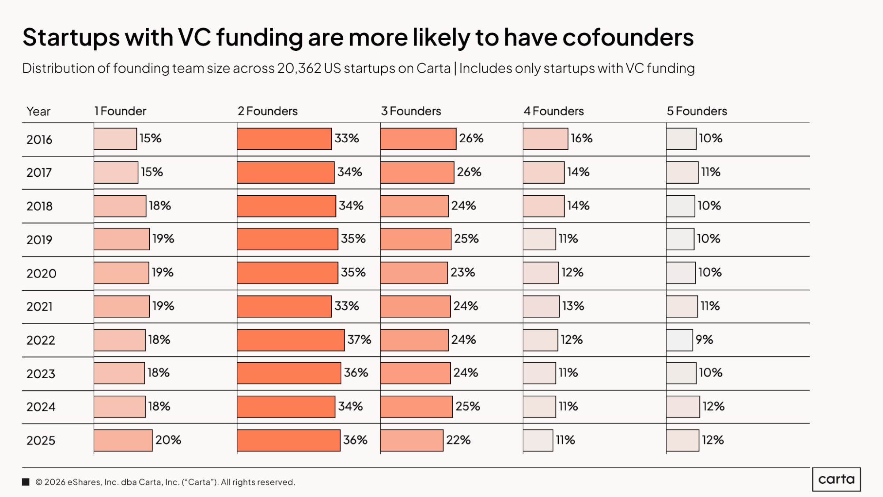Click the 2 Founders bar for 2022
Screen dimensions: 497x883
(291, 340)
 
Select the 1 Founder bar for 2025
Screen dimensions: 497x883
(123, 440)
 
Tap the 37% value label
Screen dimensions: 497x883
(359, 340)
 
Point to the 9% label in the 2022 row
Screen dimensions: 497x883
(704, 340)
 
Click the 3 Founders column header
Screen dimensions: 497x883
(411, 111)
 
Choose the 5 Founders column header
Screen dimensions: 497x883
(697, 111)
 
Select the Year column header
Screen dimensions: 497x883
(38, 112)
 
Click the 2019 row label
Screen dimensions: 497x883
(39, 240)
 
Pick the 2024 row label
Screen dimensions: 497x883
(41, 407)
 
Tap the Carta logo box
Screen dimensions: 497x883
(836, 479)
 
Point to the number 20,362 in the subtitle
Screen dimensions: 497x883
(299, 68)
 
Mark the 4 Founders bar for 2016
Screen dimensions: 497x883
(546, 139)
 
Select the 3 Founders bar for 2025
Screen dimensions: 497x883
(412, 440)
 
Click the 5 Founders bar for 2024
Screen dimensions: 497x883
(683, 407)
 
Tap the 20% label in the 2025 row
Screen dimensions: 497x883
(168, 440)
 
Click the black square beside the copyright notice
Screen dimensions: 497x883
(26, 482)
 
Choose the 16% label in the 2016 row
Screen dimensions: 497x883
(581, 139)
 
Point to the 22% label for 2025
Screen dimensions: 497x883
(458, 440)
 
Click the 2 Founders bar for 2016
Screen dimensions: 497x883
(284, 139)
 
